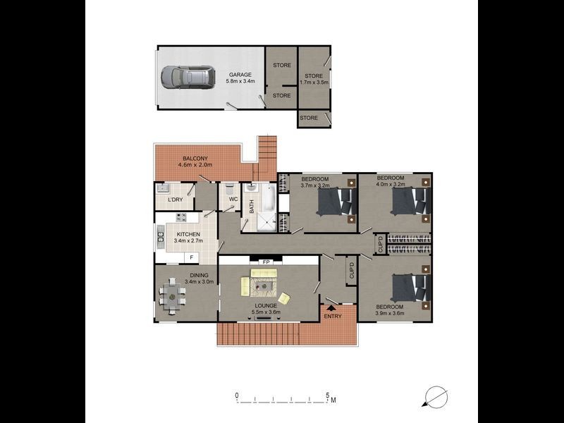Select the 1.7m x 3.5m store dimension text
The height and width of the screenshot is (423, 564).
pyautogui.click(x=314, y=83)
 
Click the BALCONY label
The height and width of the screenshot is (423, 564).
pyautogui.click(x=195, y=158)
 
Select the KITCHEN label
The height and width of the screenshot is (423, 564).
pyautogui.click(x=188, y=234)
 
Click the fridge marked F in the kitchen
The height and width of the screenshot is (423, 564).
pyautogui.click(x=190, y=257)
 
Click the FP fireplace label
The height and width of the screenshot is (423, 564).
pyautogui.click(x=266, y=262)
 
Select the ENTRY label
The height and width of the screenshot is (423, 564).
pyautogui.click(x=332, y=316)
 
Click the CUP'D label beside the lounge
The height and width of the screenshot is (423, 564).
pyautogui.click(x=350, y=271)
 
